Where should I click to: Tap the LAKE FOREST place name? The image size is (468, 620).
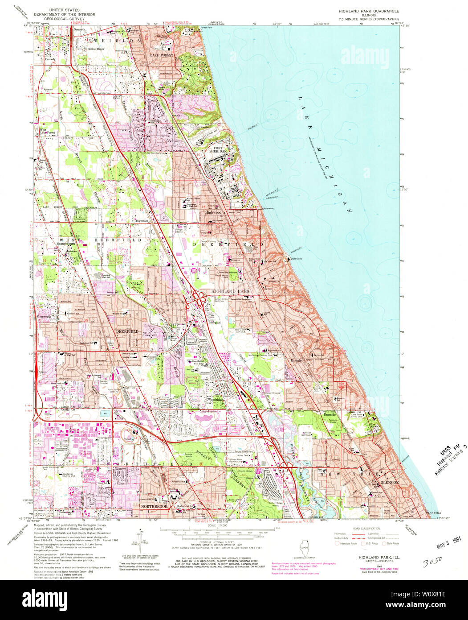tap(161, 55)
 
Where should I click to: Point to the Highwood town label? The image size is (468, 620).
tap(213, 212)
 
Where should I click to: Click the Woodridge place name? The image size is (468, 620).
tap(216, 400)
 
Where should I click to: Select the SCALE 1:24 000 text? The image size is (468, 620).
tap(217, 525)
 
